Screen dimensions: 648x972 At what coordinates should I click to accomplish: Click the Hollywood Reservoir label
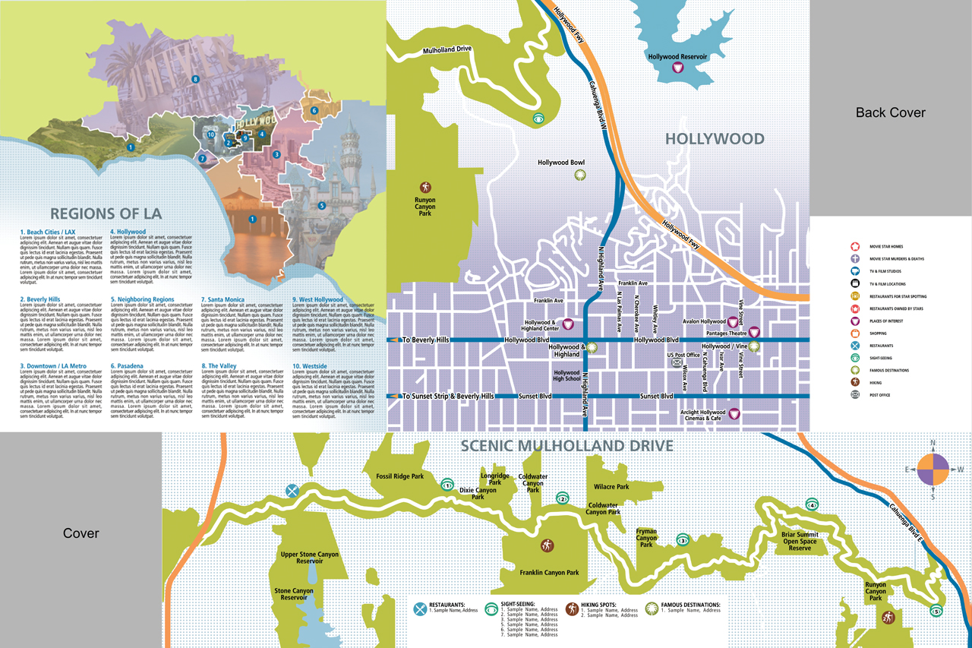(x=677, y=57)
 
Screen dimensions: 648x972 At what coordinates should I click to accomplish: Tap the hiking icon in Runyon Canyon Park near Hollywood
(x=425, y=187)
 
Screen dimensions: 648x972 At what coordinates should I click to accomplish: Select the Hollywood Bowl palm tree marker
(x=580, y=175)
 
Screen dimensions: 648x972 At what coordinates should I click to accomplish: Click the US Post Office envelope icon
(x=677, y=363)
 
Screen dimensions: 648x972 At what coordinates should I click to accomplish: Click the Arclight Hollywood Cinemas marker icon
(x=734, y=414)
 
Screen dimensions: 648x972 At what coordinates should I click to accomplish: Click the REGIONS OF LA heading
(x=106, y=213)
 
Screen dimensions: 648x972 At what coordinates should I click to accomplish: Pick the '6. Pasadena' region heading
(x=127, y=365)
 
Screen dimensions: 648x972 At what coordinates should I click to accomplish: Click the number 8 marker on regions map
(x=195, y=79)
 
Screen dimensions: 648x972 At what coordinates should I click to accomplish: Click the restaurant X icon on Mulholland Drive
(x=292, y=491)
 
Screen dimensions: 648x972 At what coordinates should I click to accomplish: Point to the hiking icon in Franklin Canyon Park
(x=547, y=545)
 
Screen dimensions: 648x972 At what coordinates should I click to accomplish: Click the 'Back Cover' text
(x=890, y=112)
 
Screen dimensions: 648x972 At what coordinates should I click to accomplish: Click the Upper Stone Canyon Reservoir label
(x=309, y=558)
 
